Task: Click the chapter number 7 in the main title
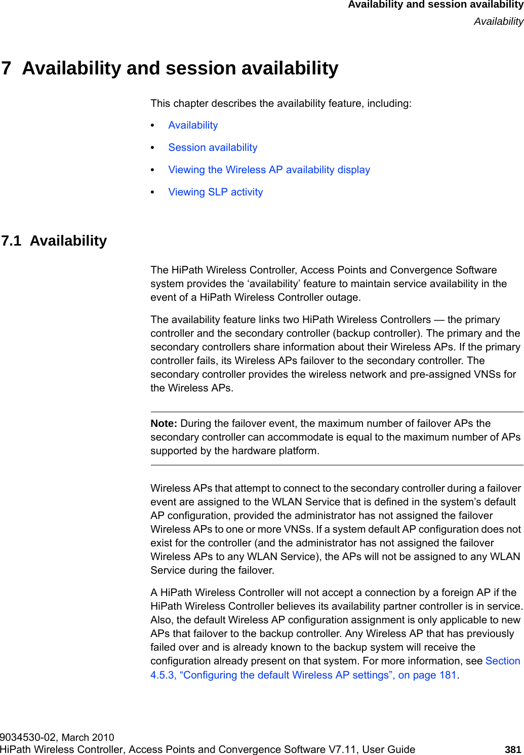tap(6, 68)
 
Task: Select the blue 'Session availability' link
tap(213, 147)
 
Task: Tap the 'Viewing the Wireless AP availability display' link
tap(269, 170)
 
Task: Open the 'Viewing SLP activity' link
tap(215, 192)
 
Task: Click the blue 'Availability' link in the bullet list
tap(193, 125)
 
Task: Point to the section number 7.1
tap(11, 241)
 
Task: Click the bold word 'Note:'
tap(164, 423)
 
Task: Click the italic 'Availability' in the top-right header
tap(498, 21)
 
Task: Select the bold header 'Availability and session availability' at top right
tap(435, 5)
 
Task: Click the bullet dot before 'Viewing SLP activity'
tap(153, 192)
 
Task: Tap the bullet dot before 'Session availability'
tap(153, 148)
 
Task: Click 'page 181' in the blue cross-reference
tap(434, 675)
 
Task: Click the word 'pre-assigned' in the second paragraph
tap(439, 374)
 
